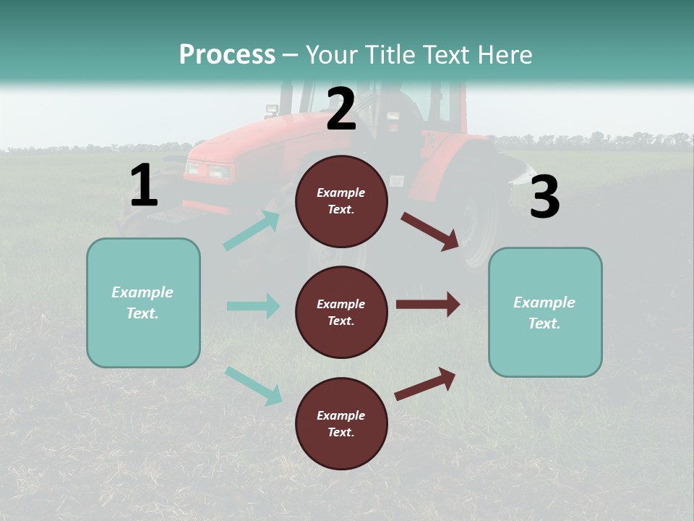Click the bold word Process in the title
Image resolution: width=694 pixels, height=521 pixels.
227,55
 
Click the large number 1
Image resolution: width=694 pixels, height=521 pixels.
144,186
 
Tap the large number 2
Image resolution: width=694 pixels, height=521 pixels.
341,109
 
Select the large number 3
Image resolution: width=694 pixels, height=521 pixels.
544,198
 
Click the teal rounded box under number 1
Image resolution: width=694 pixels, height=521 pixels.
143,302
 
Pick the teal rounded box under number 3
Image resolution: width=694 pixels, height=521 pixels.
545,312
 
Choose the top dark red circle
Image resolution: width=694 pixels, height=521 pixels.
341,201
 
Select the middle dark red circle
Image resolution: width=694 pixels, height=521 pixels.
341,312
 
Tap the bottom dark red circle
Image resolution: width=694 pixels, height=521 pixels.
341,423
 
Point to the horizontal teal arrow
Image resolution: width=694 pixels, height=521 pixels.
253,306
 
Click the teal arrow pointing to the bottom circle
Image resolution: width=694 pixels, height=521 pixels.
254,385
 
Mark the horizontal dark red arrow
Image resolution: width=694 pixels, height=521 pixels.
428,304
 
